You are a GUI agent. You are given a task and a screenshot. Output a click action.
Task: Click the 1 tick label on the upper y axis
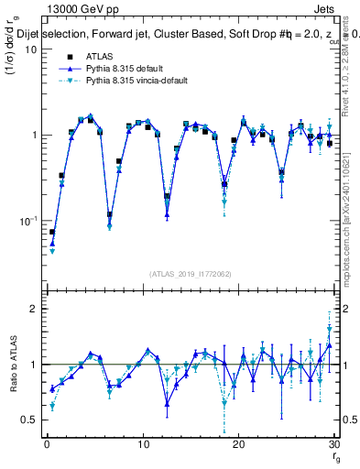click(x=33, y=136)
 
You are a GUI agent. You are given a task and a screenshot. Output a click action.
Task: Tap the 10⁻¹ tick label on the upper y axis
click(x=28, y=221)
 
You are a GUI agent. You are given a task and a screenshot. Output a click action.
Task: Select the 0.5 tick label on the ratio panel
click(x=28, y=420)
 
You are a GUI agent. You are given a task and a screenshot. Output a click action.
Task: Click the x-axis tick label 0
click(x=47, y=444)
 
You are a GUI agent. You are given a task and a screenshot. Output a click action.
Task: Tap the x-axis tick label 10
click(x=143, y=444)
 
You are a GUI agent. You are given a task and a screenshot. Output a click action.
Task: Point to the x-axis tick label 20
click(x=238, y=444)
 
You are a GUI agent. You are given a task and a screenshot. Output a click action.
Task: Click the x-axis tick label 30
click(x=333, y=444)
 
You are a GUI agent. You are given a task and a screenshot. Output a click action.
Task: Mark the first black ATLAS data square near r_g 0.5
click(x=52, y=233)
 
